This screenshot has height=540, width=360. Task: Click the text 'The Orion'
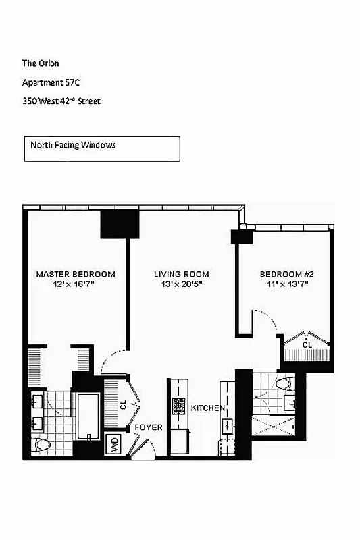(41, 63)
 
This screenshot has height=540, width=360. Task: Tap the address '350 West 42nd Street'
(61, 101)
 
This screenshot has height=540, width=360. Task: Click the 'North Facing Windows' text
(73, 144)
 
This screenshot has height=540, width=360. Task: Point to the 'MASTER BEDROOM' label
(76, 274)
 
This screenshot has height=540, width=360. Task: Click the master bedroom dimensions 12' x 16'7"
(76, 284)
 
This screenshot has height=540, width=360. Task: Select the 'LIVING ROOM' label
(181, 274)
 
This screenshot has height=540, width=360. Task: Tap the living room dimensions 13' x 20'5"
(180, 284)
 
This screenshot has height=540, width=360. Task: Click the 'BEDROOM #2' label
(288, 274)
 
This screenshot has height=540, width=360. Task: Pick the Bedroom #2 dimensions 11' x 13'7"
(288, 284)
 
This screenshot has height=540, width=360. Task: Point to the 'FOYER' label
(147, 428)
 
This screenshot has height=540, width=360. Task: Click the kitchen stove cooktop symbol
(179, 406)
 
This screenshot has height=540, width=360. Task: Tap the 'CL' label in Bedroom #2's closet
(307, 345)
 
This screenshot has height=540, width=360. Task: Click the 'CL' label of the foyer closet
(124, 406)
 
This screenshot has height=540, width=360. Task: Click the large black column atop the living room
(120, 223)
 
